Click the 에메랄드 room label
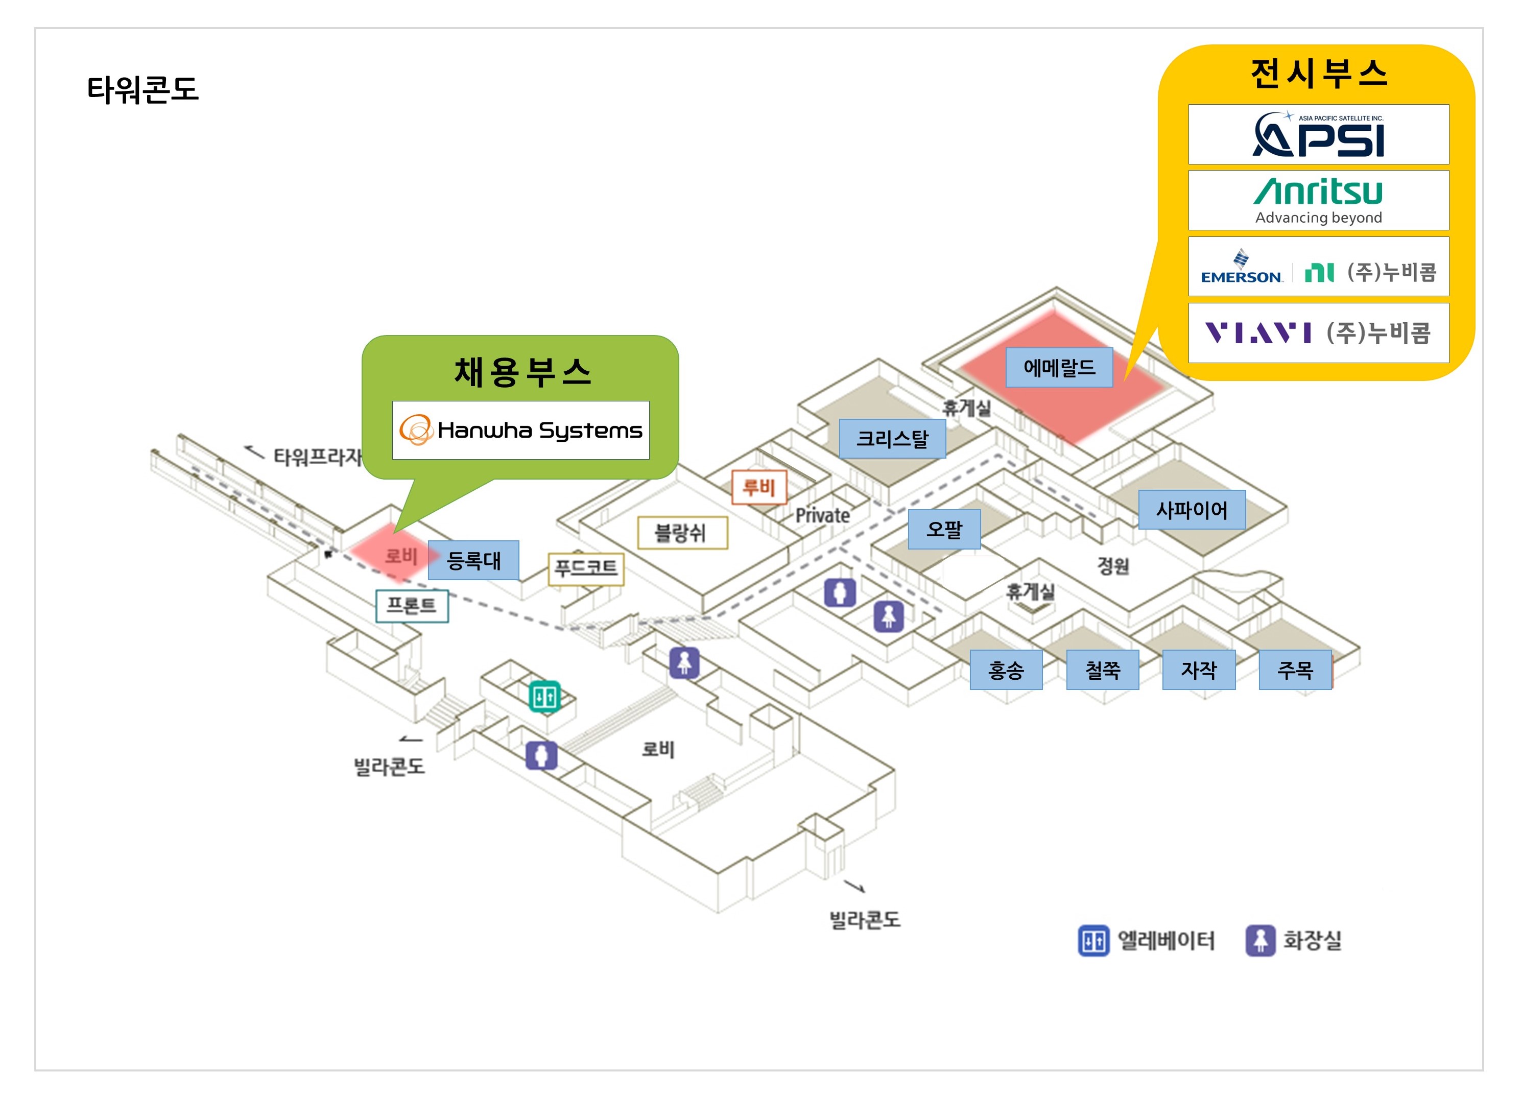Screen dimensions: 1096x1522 point(1058,367)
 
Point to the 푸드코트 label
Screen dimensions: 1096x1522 point(586,568)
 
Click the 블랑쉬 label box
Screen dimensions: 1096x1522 point(682,533)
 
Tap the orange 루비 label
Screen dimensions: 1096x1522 point(758,487)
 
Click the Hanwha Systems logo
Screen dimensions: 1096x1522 point(521,430)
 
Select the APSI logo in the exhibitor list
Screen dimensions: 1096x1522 point(1318,134)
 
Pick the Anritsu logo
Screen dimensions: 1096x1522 point(1318,200)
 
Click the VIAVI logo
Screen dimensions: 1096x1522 point(1258,333)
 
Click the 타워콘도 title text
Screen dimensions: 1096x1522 point(143,89)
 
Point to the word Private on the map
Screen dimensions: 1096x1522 point(822,515)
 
